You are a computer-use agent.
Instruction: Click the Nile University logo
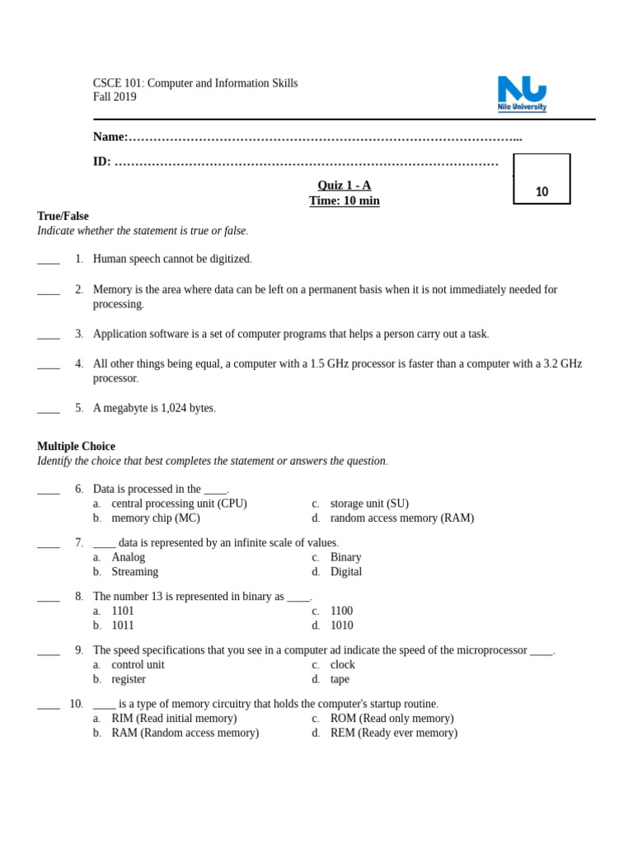click(x=522, y=93)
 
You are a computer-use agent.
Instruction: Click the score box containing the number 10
click(x=542, y=179)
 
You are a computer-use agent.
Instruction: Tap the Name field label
click(x=110, y=137)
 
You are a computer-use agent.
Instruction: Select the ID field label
click(x=102, y=162)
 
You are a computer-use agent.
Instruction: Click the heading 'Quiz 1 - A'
click(x=345, y=185)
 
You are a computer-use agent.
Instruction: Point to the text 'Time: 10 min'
click(x=345, y=201)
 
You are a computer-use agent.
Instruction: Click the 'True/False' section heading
click(x=63, y=216)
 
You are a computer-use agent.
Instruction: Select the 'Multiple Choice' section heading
click(x=76, y=446)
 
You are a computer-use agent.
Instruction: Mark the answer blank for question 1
click(x=49, y=260)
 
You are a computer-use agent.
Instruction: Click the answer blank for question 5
click(x=49, y=409)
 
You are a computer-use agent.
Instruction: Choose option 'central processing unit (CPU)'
click(x=179, y=504)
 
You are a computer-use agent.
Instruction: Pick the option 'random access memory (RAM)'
click(x=401, y=518)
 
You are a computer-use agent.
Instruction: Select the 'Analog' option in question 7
click(x=129, y=557)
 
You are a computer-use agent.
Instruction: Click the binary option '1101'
click(x=123, y=611)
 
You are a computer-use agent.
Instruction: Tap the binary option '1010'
click(x=341, y=626)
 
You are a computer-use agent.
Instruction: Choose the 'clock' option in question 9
click(x=342, y=664)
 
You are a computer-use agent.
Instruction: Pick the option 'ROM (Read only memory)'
click(x=392, y=719)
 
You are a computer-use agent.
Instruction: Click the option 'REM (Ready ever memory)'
click(x=393, y=733)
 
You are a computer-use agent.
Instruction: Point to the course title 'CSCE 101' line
click(x=195, y=83)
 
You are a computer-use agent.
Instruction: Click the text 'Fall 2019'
click(x=115, y=97)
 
